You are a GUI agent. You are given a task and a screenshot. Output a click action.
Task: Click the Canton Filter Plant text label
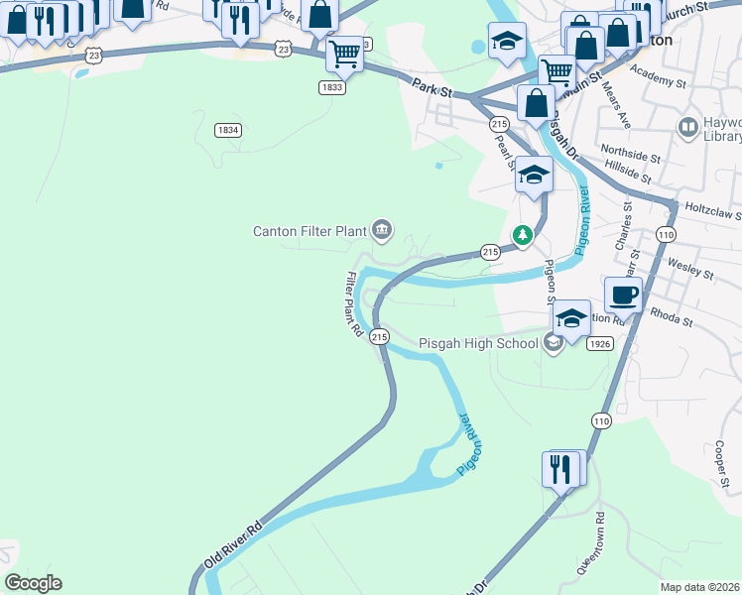point(309,231)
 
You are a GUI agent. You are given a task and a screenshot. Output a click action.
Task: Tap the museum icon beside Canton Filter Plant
point(382,231)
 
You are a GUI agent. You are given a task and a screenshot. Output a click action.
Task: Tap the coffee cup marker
point(623,295)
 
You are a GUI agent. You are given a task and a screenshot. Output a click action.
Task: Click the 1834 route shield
point(227,130)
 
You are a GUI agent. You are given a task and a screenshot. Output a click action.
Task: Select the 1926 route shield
point(599,344)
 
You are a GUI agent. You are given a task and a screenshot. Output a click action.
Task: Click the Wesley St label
point(691,269)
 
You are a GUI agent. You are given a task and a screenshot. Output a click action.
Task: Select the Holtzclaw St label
point(712,211)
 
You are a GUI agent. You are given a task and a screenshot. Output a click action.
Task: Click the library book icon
point(686,127)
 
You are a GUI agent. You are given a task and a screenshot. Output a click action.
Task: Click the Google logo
point(33,583)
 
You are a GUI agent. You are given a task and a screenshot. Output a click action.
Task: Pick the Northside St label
point(633,157)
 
